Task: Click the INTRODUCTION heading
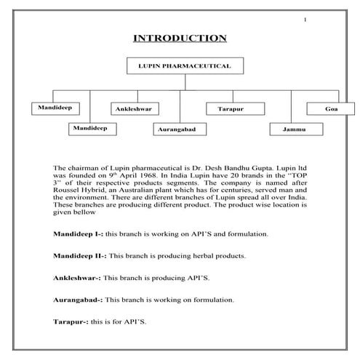point(180,39)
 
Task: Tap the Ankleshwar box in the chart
point(134,108)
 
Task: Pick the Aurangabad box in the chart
point(179,129)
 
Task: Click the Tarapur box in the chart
point(231,108)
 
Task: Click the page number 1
point(306,19)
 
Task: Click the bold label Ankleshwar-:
point(77,278)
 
